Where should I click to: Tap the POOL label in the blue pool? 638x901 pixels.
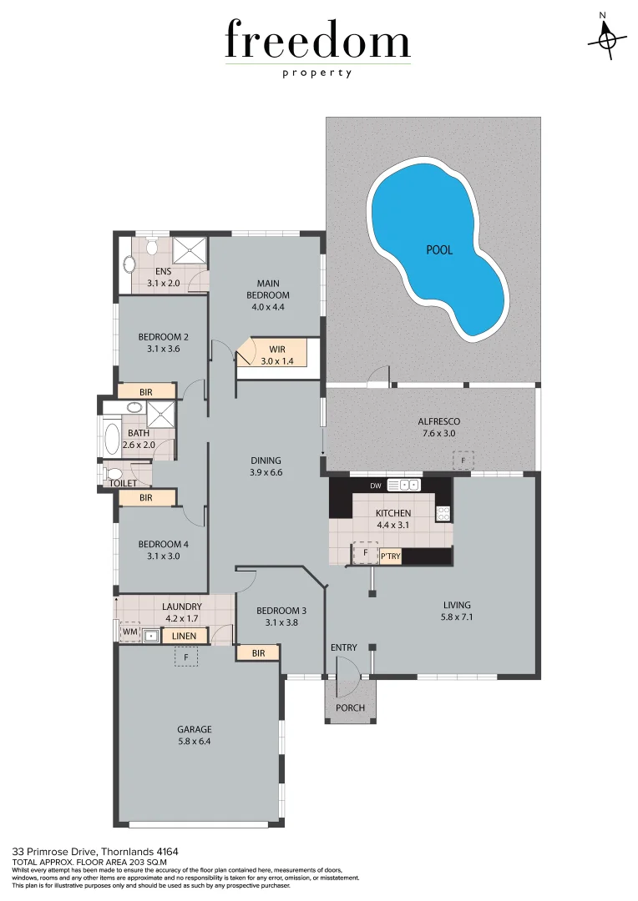(x=439, y=249)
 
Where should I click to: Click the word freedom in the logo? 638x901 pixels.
(x=317, y=42)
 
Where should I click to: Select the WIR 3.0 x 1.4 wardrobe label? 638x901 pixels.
(x=278, y=355)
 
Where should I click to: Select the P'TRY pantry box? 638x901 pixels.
(x=390, y=556)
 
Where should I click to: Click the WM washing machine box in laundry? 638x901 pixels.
(x=129, y=632)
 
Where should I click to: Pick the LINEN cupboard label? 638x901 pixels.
(x=184, y=637)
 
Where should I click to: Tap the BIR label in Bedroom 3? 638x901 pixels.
(x=258, y=653)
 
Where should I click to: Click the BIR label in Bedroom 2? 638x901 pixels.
(x=146, y=390)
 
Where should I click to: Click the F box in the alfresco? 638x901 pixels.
(x=463, y=460)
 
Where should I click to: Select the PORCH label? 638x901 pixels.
(x=351, y=707)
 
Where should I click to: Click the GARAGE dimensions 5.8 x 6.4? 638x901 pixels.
(x=195, y=741)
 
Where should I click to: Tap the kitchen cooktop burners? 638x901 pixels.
(x=443, y=514)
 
